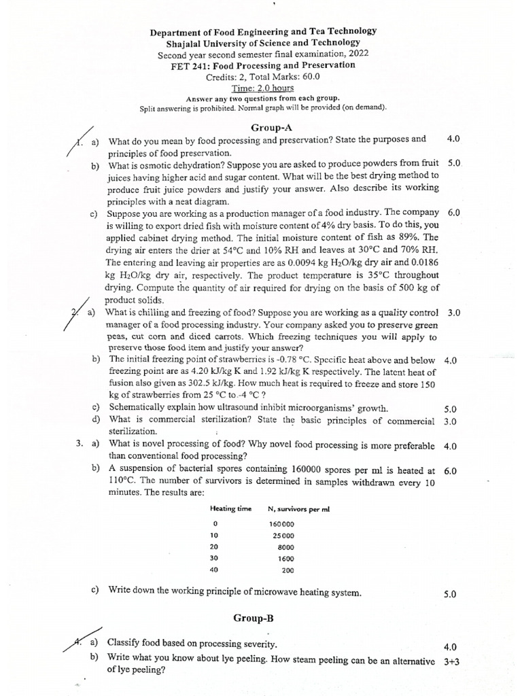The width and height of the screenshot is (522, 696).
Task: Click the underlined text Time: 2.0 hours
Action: (x=262, y=88)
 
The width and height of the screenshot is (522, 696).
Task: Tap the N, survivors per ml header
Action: (x=298, y=509)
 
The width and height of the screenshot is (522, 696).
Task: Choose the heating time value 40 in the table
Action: (x=215, y=570)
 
